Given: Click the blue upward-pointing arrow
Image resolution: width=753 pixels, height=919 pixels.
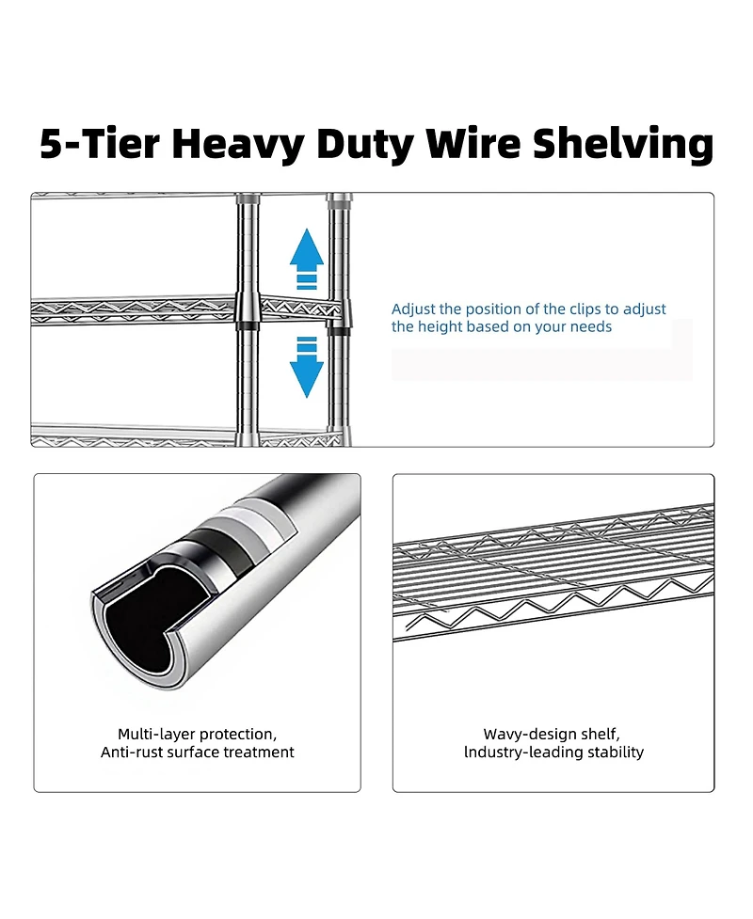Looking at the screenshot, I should [x=307, y=253].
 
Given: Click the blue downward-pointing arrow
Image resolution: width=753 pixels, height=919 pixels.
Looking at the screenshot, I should [x=307, y=370].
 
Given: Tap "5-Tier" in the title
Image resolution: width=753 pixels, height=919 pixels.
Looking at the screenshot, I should [x=99, y=144].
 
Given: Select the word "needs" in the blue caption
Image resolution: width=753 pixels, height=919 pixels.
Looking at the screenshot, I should [x=591, y=326].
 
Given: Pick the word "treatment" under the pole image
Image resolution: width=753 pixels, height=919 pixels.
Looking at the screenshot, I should [x=259, y=753].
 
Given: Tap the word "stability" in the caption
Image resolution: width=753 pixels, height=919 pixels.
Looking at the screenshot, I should [x=614, y=753].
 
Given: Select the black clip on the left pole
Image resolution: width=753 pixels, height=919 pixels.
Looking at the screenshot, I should [x=247, y=325].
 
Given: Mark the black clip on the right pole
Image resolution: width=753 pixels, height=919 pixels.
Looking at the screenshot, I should [x=339, y=328].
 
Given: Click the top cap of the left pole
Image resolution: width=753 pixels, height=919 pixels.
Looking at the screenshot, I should [x=247, y=199].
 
